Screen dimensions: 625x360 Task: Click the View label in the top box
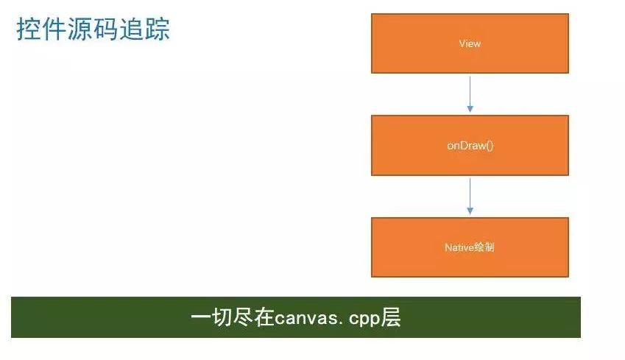coord(470,43)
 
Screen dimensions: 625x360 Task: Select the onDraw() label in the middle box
coord(470,146)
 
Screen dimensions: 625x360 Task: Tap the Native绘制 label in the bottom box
coord(470,247)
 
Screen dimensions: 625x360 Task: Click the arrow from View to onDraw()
coord(470,94)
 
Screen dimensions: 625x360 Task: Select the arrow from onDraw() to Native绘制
coord(470,196)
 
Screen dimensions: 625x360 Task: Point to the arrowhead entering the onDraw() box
coord(470,109)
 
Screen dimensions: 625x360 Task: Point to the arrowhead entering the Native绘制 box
coord(470,211)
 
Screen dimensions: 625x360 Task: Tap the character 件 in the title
coord(54,29)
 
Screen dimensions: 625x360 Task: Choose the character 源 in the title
coord(80,29)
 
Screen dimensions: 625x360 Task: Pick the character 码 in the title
coord(105,29)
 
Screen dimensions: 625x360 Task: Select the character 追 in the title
coord(132,29)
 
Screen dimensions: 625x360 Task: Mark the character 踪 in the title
coord(158,29)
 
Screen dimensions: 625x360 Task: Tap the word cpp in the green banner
coord(363,320)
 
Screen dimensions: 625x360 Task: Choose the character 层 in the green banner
coord(390,318)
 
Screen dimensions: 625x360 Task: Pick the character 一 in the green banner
coord(200,318)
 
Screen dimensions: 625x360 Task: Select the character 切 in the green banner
coord(222,318)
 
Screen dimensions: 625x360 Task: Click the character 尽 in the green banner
coord(243,318)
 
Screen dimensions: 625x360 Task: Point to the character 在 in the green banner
coord(264,318)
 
